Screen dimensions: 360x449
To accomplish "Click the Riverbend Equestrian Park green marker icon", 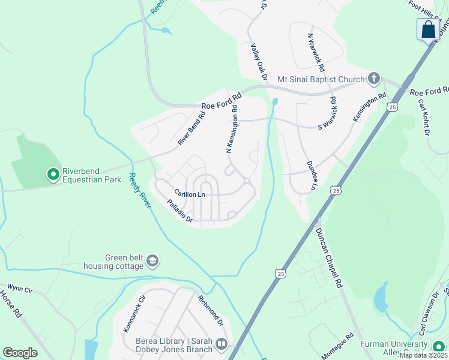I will point(53,175).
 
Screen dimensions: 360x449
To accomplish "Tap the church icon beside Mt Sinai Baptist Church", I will point(373,79).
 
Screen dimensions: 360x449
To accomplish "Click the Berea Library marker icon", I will point(221,344).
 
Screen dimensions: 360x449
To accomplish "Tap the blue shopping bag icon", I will point(428,29).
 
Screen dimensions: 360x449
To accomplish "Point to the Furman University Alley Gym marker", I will point(439,346).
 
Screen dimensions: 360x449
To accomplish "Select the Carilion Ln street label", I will point(190,194).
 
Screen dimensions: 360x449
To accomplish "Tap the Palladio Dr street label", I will point(179,212).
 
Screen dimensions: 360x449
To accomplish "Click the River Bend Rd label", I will point(191,127).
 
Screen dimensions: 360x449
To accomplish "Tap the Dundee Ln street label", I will point(311,175).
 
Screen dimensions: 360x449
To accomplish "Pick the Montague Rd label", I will point(341,347).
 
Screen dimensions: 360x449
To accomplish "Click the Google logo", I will point(20,353).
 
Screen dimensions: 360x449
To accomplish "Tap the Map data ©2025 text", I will point(424,355).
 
